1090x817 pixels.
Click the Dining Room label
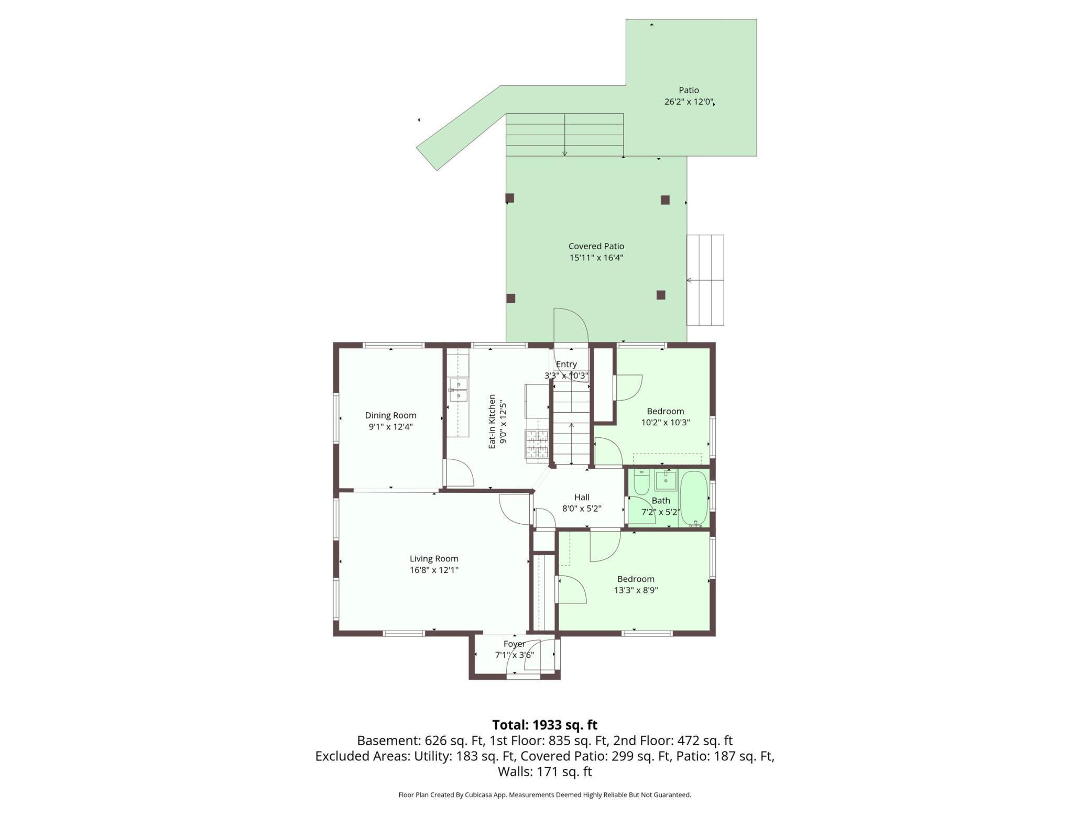[x=390, y=415]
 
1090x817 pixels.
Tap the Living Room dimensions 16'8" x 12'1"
[x=434, y=570]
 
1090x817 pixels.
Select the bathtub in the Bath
[x=694, y=498]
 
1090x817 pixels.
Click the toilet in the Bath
[x=641, y=482]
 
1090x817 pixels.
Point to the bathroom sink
[x=666, y=480]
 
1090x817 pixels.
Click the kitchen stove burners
[x=537, y=444]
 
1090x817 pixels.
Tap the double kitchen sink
[x=457, y=390]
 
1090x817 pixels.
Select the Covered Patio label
[x=596, y=246]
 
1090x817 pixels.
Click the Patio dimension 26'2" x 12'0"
[x=689, y=102]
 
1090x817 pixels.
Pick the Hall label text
[x=582, y=498]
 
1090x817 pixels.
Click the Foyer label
[x=514, y=644]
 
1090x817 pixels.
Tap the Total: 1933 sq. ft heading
[x=544, y=725]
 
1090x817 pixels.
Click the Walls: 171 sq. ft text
[x=544, y=771]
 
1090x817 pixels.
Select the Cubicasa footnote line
[x=544, y=795]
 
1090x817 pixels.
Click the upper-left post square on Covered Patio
[x=509, y=198]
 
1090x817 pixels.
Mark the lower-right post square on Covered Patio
[x=661, y=295]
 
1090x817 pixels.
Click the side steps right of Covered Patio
[x=705, y=280]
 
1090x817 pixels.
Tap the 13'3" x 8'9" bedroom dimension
[x=636, y=590]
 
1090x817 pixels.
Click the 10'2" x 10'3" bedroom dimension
[x=665, y=423]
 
